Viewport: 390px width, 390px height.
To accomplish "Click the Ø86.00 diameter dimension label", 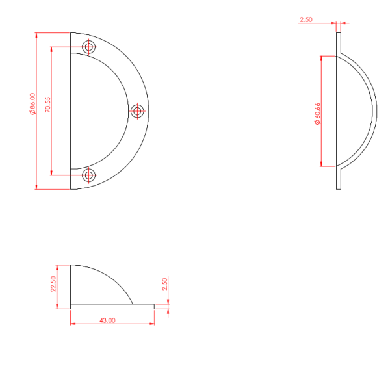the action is point(32,104).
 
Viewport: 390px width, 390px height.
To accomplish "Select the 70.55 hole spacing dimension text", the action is point(47,105).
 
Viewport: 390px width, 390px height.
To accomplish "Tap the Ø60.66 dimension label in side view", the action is point(318,114).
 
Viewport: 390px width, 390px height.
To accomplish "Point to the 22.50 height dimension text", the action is point(53,284).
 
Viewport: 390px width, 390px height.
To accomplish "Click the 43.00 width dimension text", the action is point(107,320).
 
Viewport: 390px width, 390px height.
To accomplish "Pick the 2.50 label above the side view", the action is point(306,19).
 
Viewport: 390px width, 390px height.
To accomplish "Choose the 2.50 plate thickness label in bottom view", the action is point(164,284).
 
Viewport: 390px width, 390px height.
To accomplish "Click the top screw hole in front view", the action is point(88,47).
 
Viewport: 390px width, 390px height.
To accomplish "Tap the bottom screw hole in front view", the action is point(88,175).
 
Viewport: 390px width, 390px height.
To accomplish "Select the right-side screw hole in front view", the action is point(137,111).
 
